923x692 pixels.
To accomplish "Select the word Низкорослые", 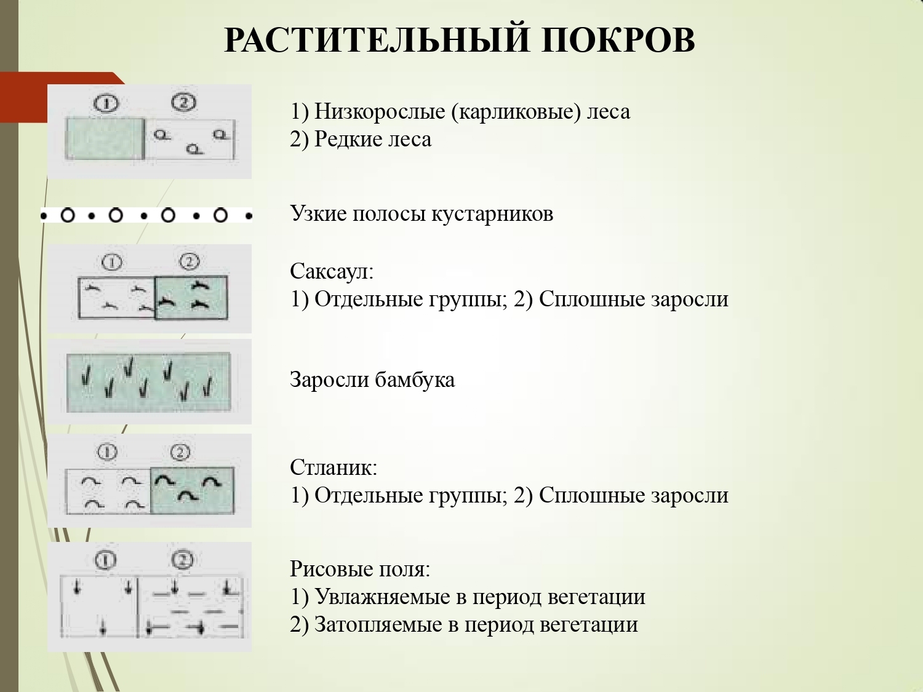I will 379,112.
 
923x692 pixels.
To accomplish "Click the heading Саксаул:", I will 332,271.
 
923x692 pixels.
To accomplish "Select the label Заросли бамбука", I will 372,380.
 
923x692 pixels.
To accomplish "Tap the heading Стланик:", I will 334,467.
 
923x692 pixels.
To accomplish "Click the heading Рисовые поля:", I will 360,569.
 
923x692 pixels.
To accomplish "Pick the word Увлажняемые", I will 382,597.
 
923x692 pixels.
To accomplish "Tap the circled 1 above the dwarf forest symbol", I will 106,103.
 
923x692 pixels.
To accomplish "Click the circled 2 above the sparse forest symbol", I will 183,101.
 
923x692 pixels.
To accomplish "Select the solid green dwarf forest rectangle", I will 104,138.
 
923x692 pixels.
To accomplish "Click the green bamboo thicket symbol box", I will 148,382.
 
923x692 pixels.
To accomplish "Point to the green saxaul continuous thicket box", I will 191,298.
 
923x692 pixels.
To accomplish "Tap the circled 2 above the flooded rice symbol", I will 182,560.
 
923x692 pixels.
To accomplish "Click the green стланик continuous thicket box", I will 192,490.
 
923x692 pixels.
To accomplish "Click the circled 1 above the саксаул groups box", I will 112,263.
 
